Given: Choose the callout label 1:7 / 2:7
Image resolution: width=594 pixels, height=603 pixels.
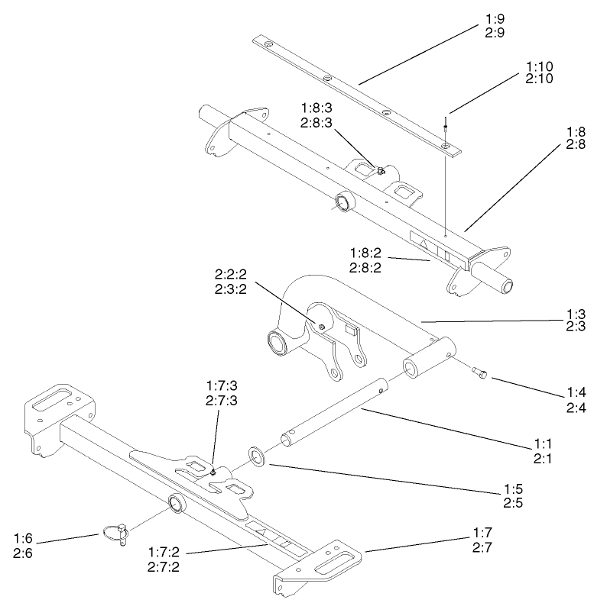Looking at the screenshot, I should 483,540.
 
